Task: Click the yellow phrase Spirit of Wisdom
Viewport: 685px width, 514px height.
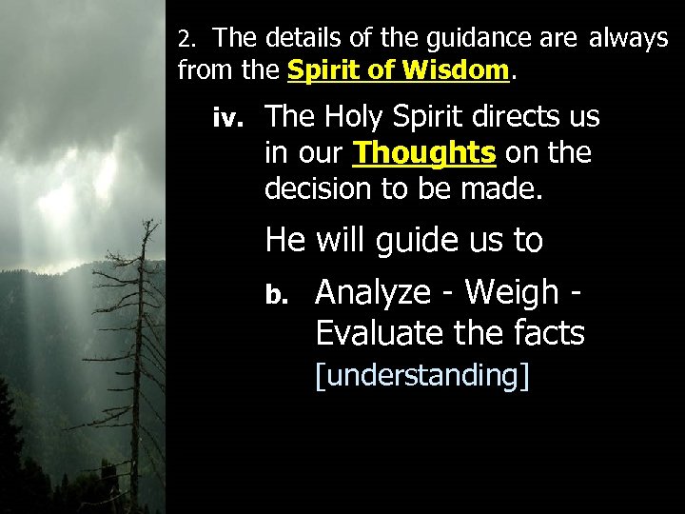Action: [x=399, y=69]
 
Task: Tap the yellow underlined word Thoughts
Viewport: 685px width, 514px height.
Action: [x=424, y=152]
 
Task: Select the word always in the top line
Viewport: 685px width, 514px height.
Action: [x=629, y=39]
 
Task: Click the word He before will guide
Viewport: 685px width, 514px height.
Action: [x=286, y=239]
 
